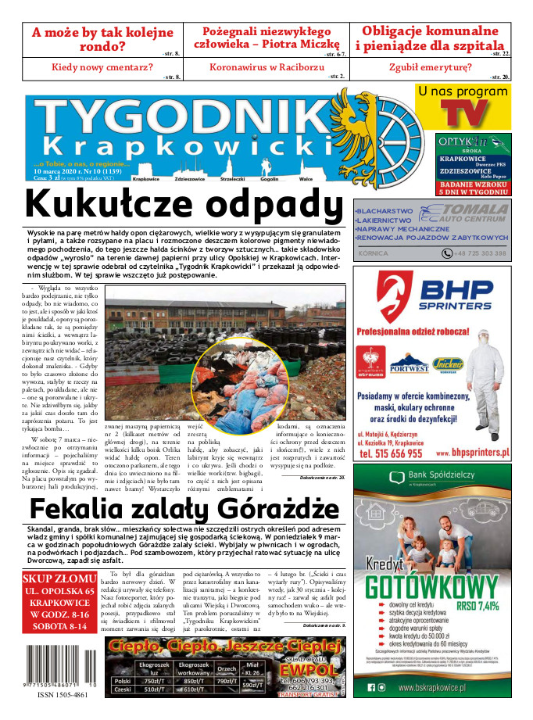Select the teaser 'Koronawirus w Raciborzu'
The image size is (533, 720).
(x=263, y=67)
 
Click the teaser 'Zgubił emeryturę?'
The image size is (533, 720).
(x=431, y=67)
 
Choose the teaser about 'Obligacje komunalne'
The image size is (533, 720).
(x=430, y=38)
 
